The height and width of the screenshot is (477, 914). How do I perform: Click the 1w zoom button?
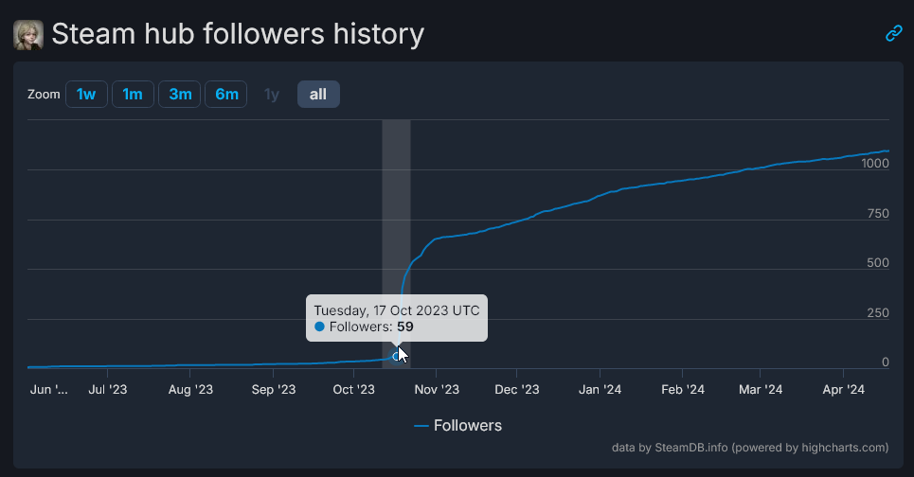(x=86, y=95)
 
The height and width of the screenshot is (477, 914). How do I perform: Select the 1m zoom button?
(x=133, y=95)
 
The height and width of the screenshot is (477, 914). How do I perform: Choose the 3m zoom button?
(x=180, y=95)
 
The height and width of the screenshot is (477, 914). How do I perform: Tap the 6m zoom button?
(x=226, y=95)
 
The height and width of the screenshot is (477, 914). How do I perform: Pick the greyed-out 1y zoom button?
(x=272, y=95)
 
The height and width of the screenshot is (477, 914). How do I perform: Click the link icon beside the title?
(x=893, y=34)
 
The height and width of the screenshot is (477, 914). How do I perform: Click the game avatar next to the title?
(x=28, y=35)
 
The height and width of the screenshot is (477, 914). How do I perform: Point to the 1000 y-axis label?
(x=875, y=163)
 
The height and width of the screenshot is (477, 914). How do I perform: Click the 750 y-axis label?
(x=878, y=213)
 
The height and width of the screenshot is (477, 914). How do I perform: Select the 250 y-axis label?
(x=878, y=313)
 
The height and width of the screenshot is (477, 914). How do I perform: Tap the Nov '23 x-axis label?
(x=437, y=389)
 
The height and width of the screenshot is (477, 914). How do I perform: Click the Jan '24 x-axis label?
(x=600, y=389)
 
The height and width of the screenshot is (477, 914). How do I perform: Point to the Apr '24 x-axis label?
(x=843, y=389)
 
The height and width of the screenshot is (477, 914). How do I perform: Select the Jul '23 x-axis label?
(x=109, y=389)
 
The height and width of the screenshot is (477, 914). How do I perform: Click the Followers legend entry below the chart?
(x=458, y=426)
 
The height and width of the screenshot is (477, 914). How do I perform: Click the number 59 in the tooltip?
(x=405, y=327)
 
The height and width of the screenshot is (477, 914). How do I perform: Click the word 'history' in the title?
(x=370, y=34)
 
